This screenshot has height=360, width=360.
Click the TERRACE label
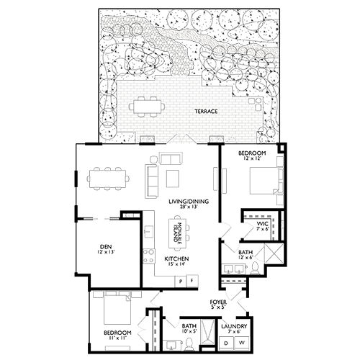click(x=206, y=112)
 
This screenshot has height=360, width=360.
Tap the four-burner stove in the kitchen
click(x=150, y=256)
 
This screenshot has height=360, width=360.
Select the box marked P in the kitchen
click(x=181, y=281)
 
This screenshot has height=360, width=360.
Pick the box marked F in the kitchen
click(x=192, y=281)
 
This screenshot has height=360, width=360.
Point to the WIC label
click(x=263, y=223)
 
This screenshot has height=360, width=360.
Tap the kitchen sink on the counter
click(x=148, y=232)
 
